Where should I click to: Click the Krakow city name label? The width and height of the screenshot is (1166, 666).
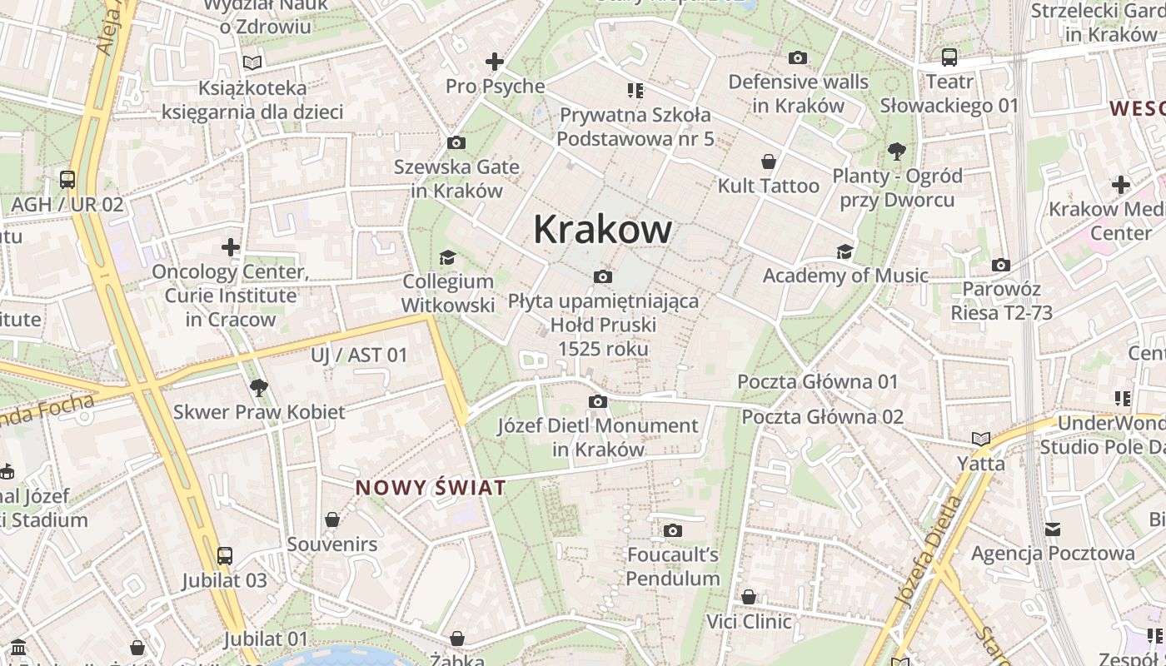[602, 229]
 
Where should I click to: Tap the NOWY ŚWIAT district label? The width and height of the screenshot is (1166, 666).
[431, 488]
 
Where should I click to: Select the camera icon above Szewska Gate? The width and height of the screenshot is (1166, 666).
[456, 143]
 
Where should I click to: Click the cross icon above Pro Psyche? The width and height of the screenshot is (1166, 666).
[495, 62]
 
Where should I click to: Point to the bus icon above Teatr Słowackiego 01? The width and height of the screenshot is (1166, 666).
[949, 57]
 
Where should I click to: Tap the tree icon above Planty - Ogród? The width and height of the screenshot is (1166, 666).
[897, 152]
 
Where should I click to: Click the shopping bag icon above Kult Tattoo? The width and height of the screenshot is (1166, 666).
[768, 162]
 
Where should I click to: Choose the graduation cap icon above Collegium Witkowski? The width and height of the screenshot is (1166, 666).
[447, 257]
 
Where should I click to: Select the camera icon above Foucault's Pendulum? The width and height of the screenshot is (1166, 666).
[673, 530]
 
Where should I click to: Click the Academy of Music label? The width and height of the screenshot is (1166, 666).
[845, 276]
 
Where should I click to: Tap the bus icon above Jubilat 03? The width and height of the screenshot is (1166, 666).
[225, 556]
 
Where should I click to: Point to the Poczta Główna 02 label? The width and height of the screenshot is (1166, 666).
[822, 416]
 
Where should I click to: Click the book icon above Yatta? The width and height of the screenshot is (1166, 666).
[980, 439]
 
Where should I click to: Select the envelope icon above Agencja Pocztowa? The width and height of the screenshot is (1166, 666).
[1053, 529]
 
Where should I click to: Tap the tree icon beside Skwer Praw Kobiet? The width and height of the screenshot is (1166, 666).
[258, 387]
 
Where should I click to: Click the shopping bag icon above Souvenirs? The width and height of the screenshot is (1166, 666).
[332, 520]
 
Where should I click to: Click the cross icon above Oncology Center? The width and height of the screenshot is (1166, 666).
[231, 247]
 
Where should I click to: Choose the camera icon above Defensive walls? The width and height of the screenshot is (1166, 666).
[797, 58]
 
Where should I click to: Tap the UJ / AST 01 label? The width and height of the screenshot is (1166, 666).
[359, 355]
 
